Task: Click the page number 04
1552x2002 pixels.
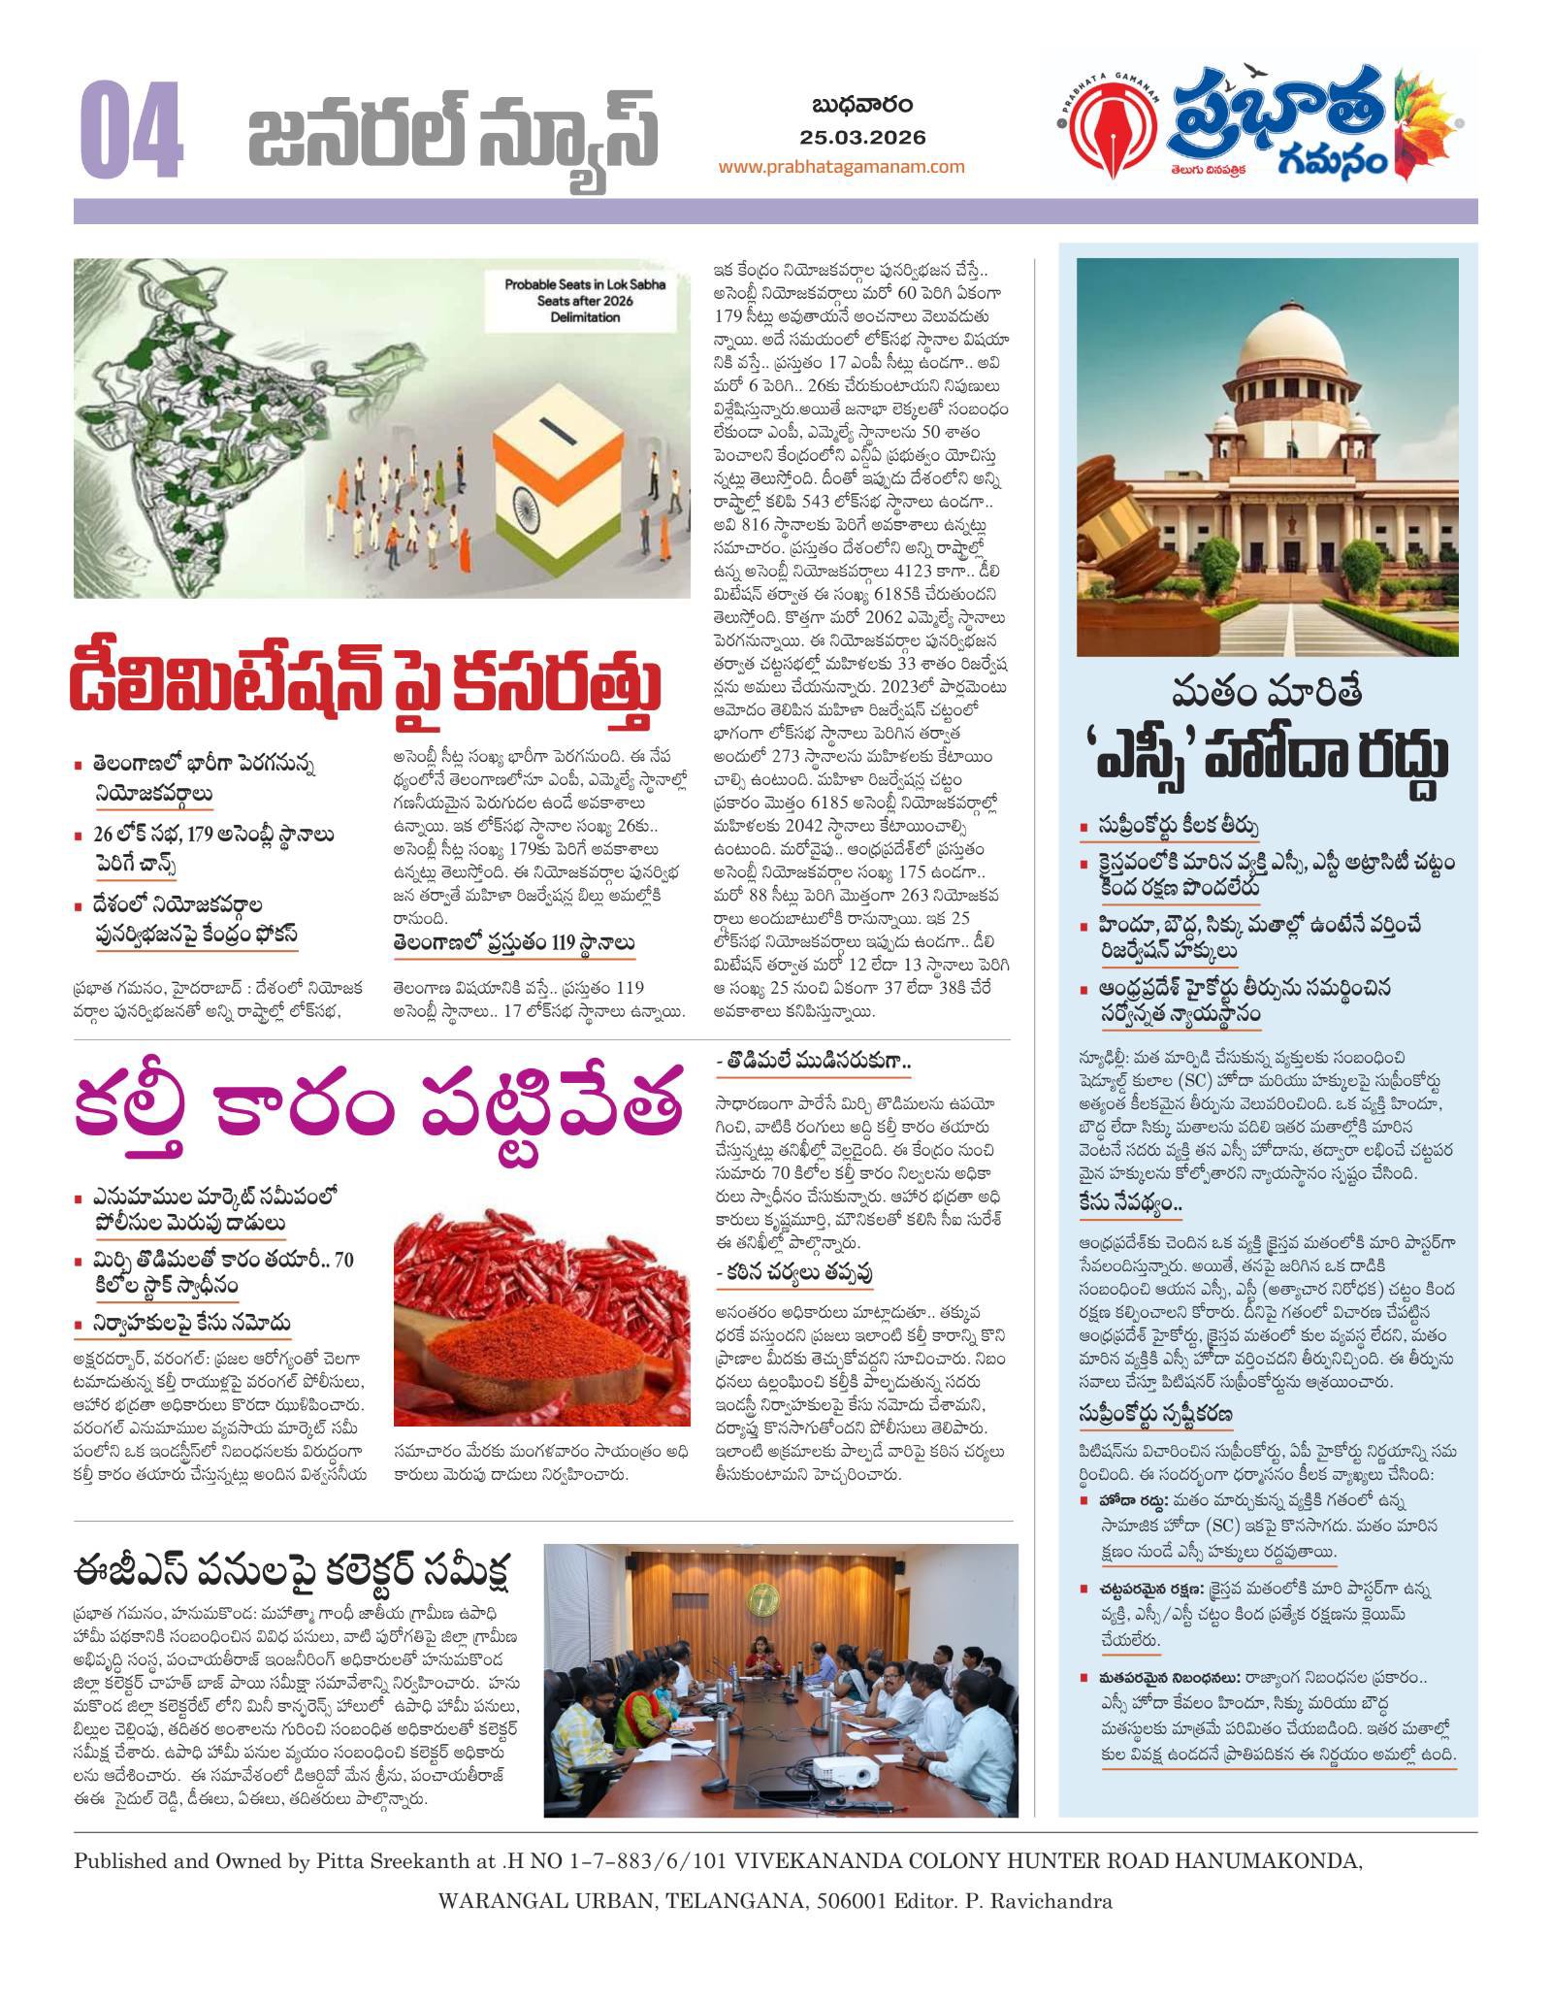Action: tap(133, 133)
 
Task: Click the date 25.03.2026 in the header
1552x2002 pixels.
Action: tap(862, 137)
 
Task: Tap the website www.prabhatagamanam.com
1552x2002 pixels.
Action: tap(841, 166)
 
